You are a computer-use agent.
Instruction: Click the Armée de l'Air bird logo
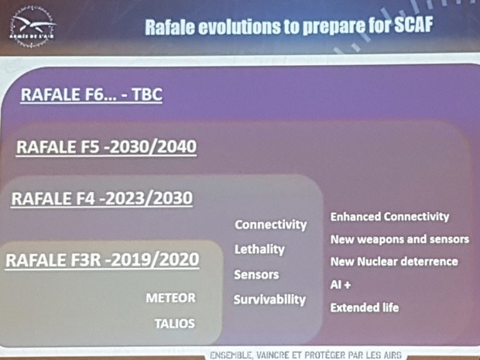(x=33, y=26)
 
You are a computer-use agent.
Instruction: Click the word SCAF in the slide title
(x=413, y=25)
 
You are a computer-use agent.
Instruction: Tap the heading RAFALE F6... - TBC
(x=91, y=94)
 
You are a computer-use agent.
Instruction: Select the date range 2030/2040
(x=153, y=147)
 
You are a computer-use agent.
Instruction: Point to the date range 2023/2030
(x=149, y=198)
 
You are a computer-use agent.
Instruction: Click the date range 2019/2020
(x=155, y=260)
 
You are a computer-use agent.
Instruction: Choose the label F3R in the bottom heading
(x=86, y=260)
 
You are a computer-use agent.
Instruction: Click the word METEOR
(x=170, y=298)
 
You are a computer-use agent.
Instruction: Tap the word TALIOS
(x=174, y=324)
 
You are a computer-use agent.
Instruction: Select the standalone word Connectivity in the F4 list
(x=271, y=225)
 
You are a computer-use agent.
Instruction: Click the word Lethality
(x=259, y=249)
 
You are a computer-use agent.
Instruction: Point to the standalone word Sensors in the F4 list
(x=256, y=275)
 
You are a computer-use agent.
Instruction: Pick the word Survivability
(x=269, y=300)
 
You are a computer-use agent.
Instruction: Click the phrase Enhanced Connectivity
(x=389, y=217)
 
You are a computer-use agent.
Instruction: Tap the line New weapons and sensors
(x=399, y=239)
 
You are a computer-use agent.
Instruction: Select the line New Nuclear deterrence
(x=394, y=262)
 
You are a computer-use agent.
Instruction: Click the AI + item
(x=341, y=285)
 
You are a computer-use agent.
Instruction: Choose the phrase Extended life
(x=365, y=307)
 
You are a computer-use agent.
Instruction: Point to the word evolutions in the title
(x=239, y=26)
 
